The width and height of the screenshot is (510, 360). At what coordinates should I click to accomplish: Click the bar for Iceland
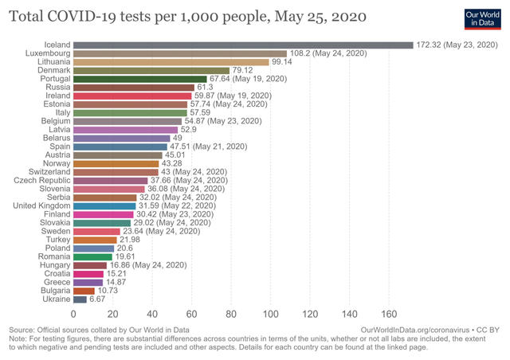click(243, 45)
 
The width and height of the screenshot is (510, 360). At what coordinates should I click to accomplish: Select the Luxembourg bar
click(179, 53)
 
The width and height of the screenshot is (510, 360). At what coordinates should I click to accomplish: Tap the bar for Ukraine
click(80, 299)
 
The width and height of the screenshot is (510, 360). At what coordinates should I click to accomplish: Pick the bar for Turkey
click(95, 240)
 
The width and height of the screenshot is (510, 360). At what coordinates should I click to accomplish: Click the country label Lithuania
click(52, 61)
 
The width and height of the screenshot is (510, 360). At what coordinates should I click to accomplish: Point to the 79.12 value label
click(244, 70)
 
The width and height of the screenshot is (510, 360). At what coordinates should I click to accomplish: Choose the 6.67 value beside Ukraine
click(99, 299)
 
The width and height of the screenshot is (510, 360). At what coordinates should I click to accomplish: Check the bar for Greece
click(88, 282)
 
